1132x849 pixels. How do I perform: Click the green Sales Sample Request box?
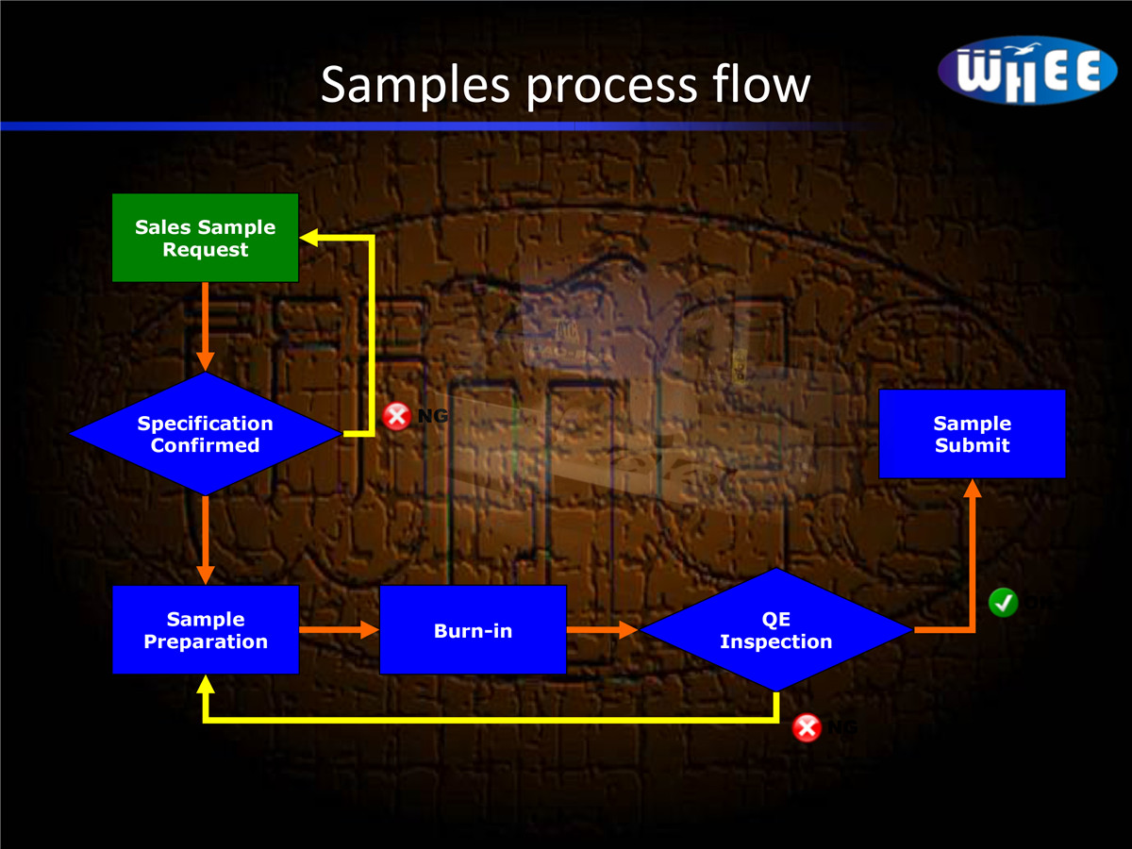pyautogui.click(x=205, y=238)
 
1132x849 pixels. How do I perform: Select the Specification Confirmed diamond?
pyautogui.click(x=205, y=434)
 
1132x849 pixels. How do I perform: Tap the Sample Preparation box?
pyautogui.click(x=205, y=630)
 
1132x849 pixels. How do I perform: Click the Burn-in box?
pyautogui.click(x=473, y=630)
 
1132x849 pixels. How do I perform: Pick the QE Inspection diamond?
pyautogui.click(x=775, y=630)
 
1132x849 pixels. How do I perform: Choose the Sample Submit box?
pyautogui.click(x=972, y=434)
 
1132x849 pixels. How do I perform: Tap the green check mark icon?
pyautogui.click(x=1003, y=602)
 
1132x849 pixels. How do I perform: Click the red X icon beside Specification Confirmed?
pyautogui.click(x=396, y=415)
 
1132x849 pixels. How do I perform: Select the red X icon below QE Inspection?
pyautogui.click(x=807, y=728)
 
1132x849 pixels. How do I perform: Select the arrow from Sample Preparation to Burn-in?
pyautogui.click(x=339, y=629)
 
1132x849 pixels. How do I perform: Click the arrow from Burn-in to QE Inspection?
pyautogui.click(x=603, y=629)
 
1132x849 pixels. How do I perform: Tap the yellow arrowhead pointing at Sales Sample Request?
pyautogui.click(x=310, y=238)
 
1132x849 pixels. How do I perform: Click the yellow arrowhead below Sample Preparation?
pyautogui.click(x=205, y=686)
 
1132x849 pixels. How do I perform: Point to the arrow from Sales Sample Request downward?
pyautogui.click(x=205, y=326)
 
